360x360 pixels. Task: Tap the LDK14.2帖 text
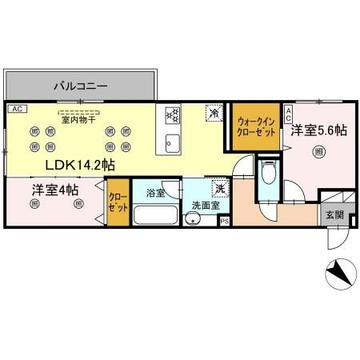(x=78, y=166)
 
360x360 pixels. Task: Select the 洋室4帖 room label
(x=55, y=190)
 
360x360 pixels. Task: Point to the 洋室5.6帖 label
(x=318, y=128)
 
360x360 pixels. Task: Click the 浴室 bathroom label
(x=156, y=193)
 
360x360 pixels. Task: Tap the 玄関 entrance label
(x=334, y=214)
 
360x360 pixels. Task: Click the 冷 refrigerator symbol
(x=214, y=114)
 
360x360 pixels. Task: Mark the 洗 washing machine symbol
(x=219, y=190)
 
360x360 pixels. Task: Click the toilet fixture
(x=270, y=174)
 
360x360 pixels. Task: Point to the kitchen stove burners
(x=171, y=117)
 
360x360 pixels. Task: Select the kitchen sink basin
(x=170, y=143)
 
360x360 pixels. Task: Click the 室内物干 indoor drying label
(x=78, y=120)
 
